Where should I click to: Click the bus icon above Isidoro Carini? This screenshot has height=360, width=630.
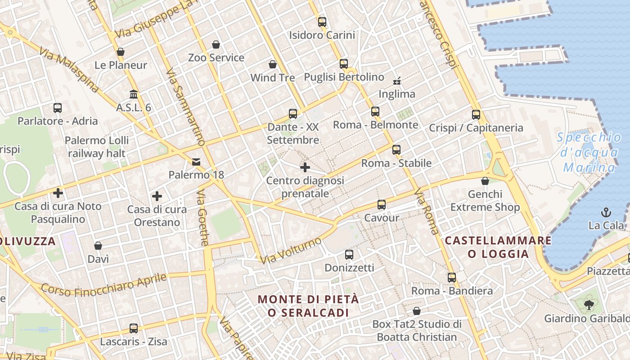(322, 22)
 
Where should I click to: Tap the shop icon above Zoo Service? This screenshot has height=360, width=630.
(216, 45)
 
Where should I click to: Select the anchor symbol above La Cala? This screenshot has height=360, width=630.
(606, 212)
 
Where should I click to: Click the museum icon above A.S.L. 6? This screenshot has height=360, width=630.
(134, 94)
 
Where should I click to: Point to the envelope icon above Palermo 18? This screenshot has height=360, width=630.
(196, 162)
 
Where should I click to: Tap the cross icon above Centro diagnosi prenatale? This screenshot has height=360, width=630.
(305, 167)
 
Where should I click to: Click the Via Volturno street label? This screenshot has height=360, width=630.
(291, 251)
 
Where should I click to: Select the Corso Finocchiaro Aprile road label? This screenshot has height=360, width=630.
(104, 284)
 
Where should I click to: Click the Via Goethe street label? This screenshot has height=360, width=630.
(203, 218)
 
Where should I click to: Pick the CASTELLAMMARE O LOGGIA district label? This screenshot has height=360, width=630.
(498, 247)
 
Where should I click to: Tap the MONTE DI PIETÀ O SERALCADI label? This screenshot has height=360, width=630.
(309, 306)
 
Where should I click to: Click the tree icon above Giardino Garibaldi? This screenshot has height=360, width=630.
(589, 305)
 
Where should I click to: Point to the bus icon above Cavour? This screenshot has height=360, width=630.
(382, 205)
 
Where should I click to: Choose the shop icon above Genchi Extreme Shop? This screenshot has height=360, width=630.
(485, 181)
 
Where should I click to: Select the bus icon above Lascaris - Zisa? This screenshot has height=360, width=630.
(134, 328)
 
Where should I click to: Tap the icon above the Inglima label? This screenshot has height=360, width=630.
(397, 81)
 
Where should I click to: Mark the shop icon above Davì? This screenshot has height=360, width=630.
(98, 246)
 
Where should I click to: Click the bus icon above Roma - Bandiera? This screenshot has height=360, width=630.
(452, 278)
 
